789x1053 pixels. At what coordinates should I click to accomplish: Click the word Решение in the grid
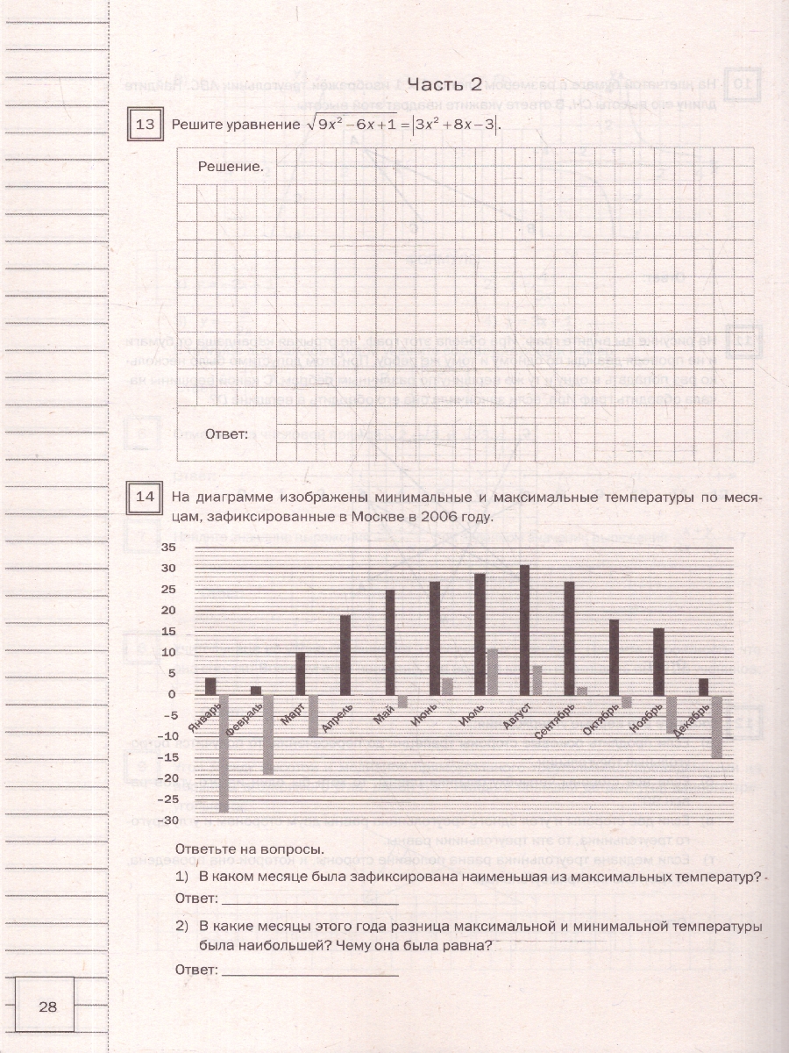[231, 165]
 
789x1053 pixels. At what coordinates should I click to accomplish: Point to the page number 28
[47, 1006]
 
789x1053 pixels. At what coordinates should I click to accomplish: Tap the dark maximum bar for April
[345, 655]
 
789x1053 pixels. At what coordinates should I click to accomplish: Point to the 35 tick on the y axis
[168, 548]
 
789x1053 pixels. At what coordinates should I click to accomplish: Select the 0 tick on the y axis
[172, 694]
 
